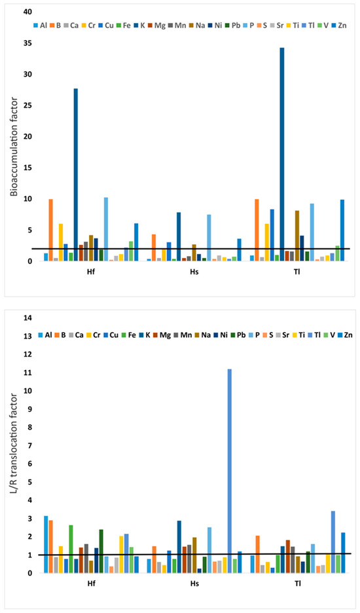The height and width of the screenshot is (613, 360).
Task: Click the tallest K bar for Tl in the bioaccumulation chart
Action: (282, 155)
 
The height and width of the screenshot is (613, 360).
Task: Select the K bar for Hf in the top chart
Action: (76, 175)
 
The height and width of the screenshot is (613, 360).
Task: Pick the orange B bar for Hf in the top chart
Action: (51, 231)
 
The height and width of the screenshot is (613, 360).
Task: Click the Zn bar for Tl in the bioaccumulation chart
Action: (342, 231)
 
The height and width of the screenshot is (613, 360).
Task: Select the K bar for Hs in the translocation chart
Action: (179, 547)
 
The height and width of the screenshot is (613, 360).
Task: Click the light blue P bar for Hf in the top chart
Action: (106, 229)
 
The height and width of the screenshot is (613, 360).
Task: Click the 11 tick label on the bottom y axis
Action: (27, 373)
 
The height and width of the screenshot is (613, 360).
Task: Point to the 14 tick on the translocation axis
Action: (27, 318)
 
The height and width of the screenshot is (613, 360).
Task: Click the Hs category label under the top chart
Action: (194, 272)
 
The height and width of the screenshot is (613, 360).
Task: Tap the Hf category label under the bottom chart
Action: (91, 584)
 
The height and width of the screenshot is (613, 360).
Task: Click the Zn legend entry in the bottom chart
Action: (345, 335)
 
